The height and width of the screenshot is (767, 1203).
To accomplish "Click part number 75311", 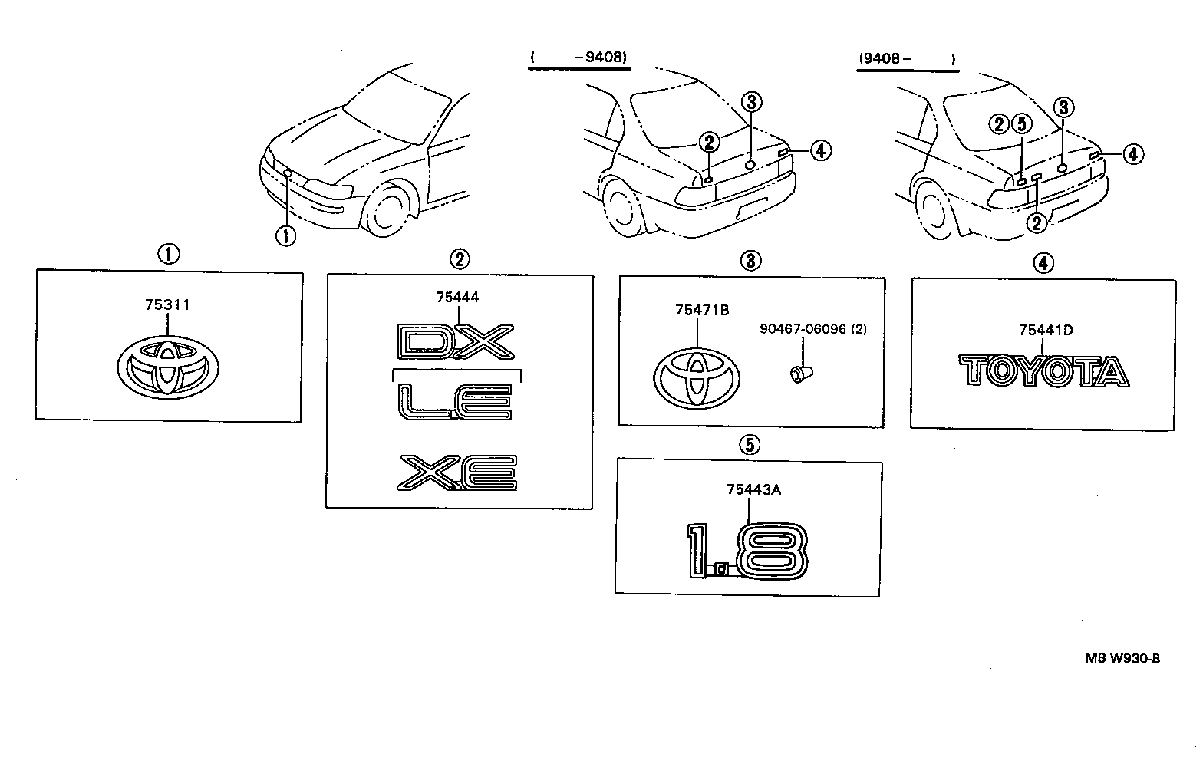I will (x=167, y=305).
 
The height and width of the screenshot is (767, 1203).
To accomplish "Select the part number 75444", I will (x=458, y=298).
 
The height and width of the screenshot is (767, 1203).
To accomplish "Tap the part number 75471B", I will (x=701, y=311).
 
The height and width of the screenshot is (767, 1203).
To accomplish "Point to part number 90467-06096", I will (x=803, y=329).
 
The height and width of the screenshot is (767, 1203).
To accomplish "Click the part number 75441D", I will (x=1045, y=331).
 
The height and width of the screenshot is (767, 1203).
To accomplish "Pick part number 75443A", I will (x=753, y=490).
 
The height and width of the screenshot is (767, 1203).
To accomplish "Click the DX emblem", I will (x=456, y=341).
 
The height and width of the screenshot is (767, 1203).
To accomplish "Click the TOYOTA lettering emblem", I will (x=1043, y=371).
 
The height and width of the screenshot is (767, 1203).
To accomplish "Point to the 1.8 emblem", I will (x=747, y=551).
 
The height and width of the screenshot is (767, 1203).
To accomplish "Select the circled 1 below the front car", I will (x=285, y=235).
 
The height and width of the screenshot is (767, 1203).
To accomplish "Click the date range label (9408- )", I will (x=907, y=58).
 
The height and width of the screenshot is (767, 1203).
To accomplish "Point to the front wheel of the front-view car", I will (x=391, y=207).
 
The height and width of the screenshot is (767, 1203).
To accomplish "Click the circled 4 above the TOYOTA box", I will (x=1042, y=263).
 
